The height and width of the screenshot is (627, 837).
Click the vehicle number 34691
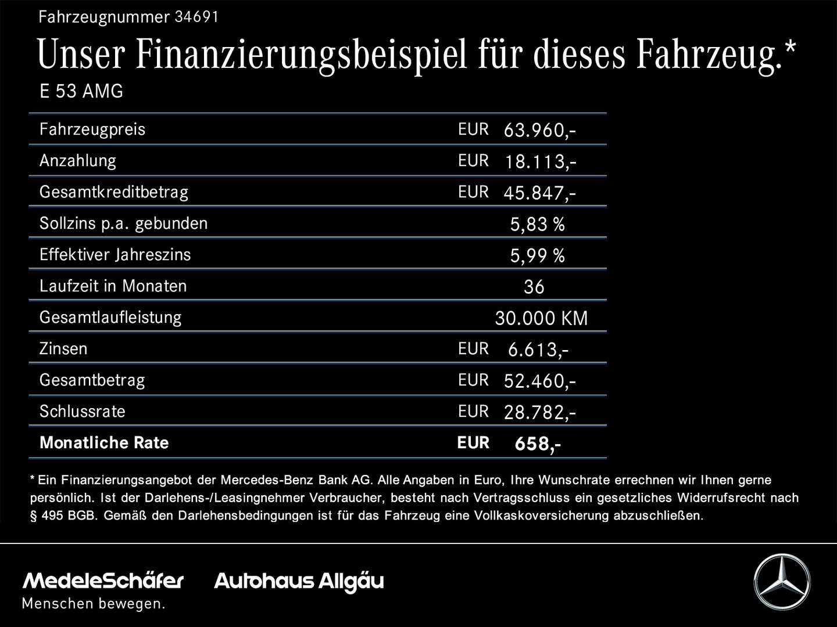(x=196, y=17)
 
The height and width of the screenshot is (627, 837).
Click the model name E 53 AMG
(x=81, y=92)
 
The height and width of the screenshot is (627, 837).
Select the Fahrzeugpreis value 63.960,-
(x=539, y=130)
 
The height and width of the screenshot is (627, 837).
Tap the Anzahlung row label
(x=78, y=161)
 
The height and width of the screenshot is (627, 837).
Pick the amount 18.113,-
(x=540, y=161)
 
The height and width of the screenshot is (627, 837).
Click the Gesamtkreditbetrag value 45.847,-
(x=539, y=193)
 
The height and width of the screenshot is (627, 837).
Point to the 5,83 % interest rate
(x=537, y=224)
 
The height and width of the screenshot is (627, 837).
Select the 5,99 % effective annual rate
(x=537, y=255)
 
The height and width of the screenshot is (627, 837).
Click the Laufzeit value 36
(x=534, y=287)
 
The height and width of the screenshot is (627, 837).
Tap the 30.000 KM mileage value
(x=541, y=318)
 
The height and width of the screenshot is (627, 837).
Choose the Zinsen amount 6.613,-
(x=538, y=349)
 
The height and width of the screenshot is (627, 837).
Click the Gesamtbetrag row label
(x=92, y=380)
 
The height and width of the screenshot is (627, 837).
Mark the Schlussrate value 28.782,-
(x=539, y=412)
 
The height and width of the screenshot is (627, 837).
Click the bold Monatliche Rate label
(x=104, y=443)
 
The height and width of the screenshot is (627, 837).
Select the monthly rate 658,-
(x=538, y=444)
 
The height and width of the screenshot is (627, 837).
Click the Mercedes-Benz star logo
(x=782, y=582)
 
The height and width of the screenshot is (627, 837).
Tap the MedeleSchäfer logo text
(x=103, y=581)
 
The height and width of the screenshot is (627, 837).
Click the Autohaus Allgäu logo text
(x=299, y=581)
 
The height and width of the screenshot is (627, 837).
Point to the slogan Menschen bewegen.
(x=94, y=604)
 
